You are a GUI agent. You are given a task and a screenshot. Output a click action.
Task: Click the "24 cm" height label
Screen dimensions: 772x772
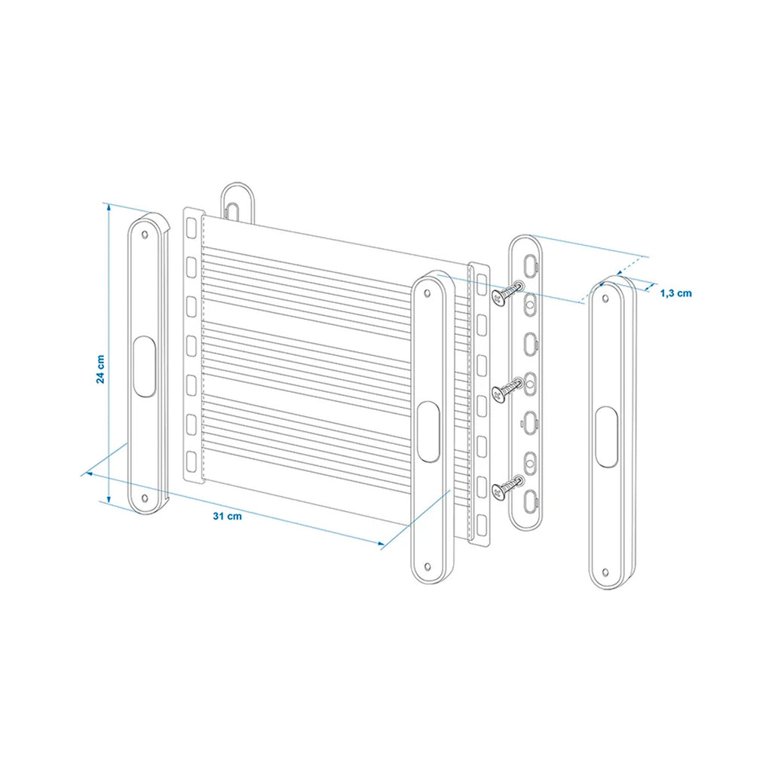100,370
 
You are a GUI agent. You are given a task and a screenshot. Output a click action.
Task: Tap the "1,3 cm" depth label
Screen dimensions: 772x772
675,293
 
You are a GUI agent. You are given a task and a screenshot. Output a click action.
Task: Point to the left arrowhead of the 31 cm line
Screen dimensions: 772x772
86,473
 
